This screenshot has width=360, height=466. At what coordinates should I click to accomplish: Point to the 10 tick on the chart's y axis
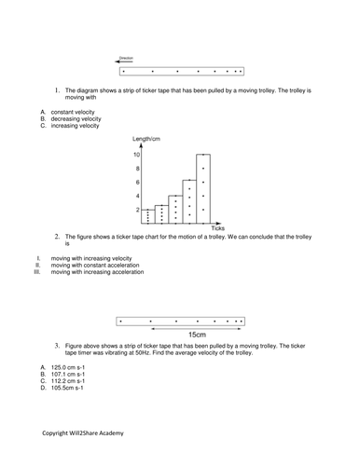point(137,155)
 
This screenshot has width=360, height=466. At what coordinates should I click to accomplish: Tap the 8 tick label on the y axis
point(138,169)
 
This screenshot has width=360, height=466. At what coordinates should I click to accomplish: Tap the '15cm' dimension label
point(197,334)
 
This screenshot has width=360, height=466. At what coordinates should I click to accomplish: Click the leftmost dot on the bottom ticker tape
point(121,321)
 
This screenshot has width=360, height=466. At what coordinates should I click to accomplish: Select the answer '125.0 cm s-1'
point(69,367)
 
